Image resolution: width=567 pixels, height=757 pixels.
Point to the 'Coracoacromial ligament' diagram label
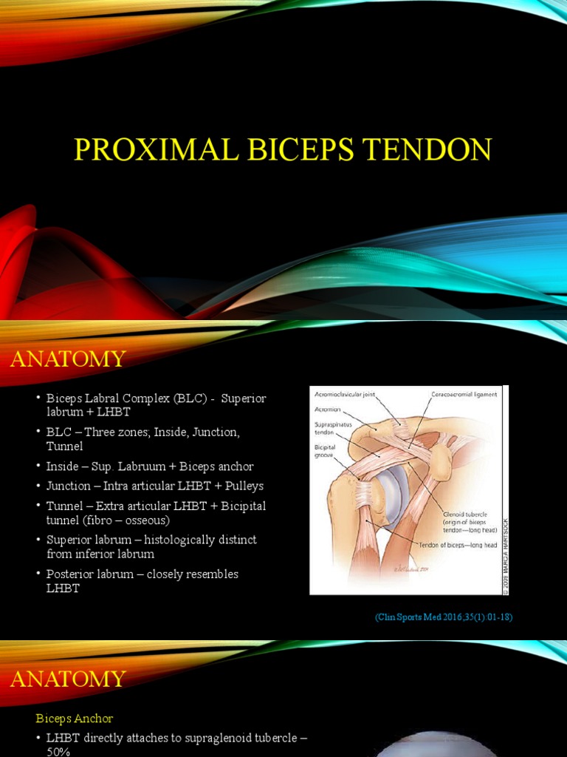(464, 394)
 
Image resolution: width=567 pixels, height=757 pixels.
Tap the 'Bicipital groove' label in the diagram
(324, 451)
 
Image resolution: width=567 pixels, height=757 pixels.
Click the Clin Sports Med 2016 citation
(444, 617)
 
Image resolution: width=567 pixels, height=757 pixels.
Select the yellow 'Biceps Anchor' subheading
(75, 718)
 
